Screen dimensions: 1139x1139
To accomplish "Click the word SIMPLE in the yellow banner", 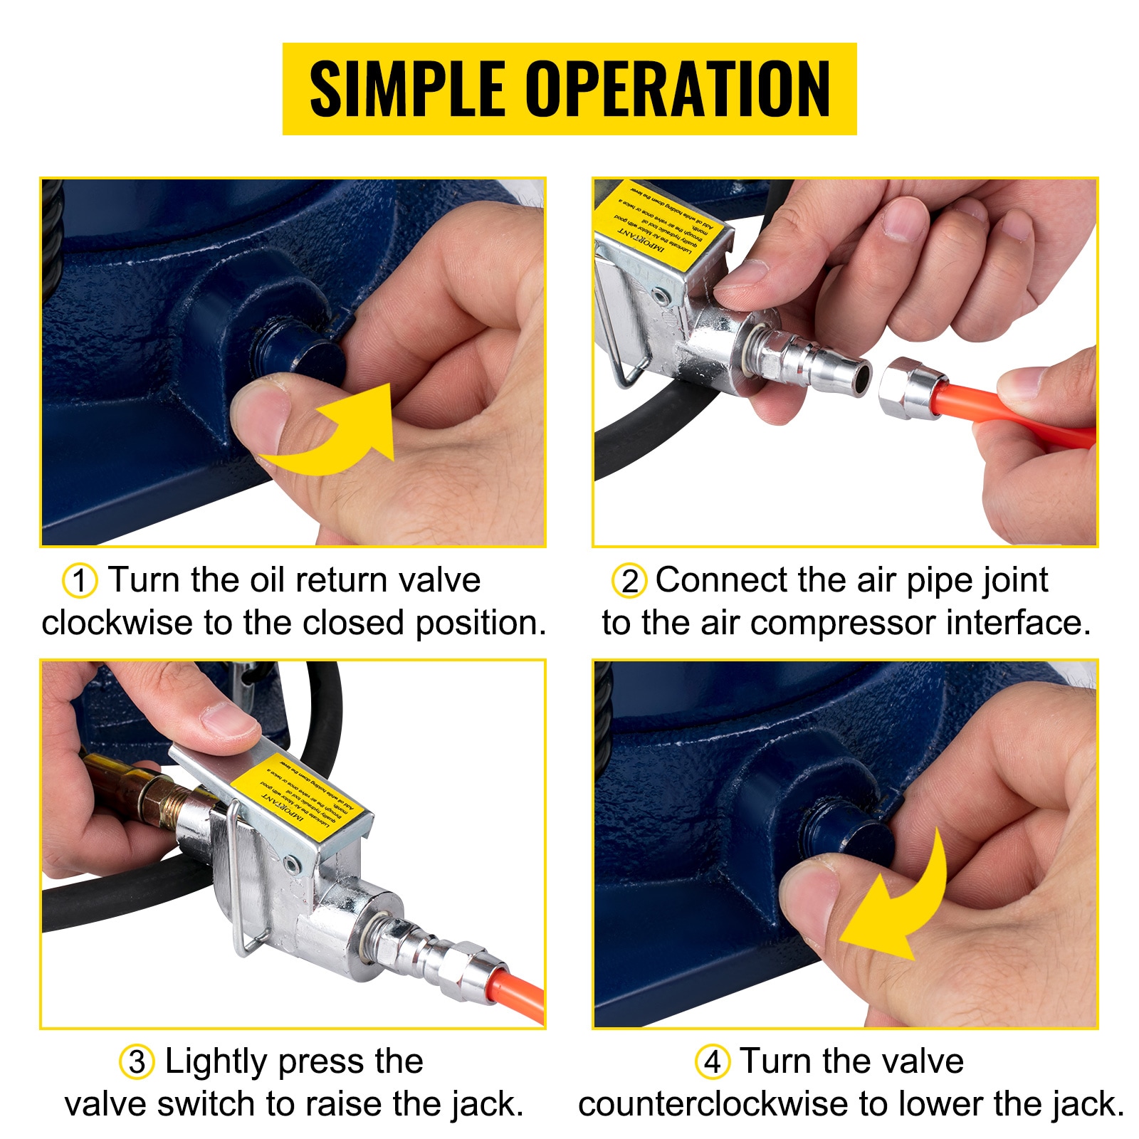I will pyautogui.click(x=407, y=89).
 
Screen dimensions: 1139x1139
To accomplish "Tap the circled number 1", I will pyautogui.click(x=80, y=580).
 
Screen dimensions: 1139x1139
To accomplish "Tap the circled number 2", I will pyautogui.click(x=629, y=581).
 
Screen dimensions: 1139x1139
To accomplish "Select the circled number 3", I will pyautogui.click(x=137, y=1062).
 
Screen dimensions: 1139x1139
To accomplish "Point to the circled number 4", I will pyautogui.click(x=713, y=1062).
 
